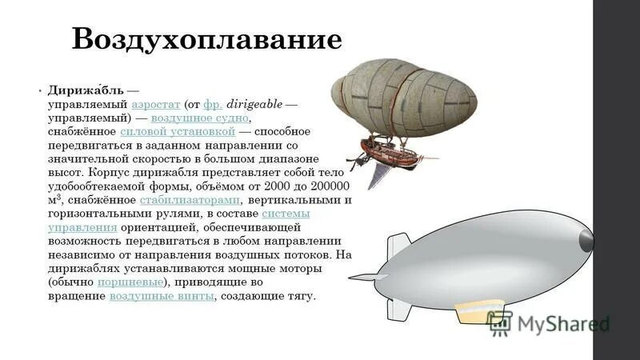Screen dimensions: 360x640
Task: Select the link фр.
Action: pyautogui.click(x=213, y=104)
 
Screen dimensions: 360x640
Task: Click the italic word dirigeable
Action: pyautogui.click(x=255, y=104)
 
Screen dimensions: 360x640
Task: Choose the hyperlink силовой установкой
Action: pyautogui.click(x=177, y=131)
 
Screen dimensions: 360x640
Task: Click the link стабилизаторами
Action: pyautogui.click(x=190, y=200)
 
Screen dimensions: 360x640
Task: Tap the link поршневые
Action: pyautogui.click(x=130, y=282)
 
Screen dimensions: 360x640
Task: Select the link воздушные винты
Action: pyautogui.click(x=162, y=296)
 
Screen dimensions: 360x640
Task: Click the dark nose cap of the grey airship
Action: pyautogui.click(x=586, y=237)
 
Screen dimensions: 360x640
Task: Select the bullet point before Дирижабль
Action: pyautogui.click(x=40, y=90)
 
